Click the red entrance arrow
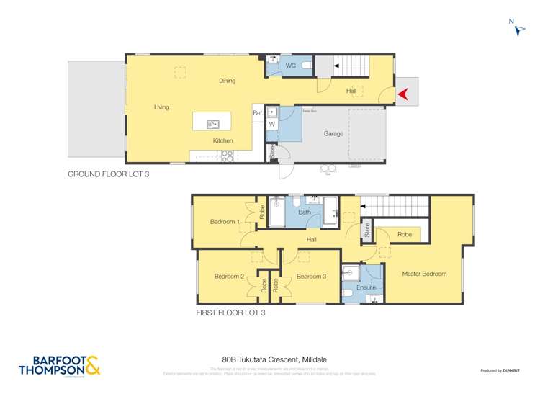[404, 93]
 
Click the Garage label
[333, 134]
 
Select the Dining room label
[227, 81]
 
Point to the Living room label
[161, 107]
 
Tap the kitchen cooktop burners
[227, 155]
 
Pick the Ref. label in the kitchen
[257, 113]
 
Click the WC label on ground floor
[290, 66]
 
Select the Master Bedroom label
[424, 274]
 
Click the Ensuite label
[366, 287]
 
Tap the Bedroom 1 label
[225, 222]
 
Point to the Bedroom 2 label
[229, 277]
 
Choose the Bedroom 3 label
[311, 277]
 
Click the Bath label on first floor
[304, 212]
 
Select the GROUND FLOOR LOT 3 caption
[108, 174]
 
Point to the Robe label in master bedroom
[404, 235]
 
